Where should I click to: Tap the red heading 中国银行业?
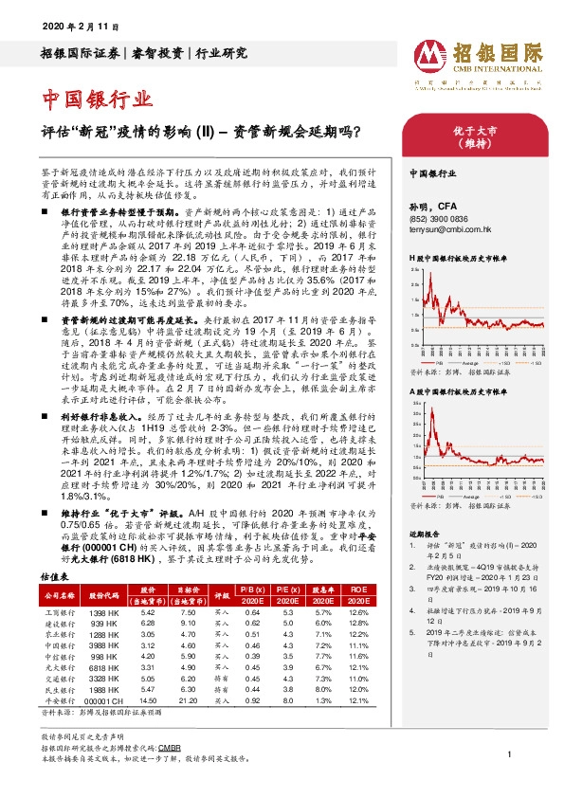tap(98, 99)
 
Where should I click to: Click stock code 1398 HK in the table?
tap(103, 613)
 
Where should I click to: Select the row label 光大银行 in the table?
tap(59, 666)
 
